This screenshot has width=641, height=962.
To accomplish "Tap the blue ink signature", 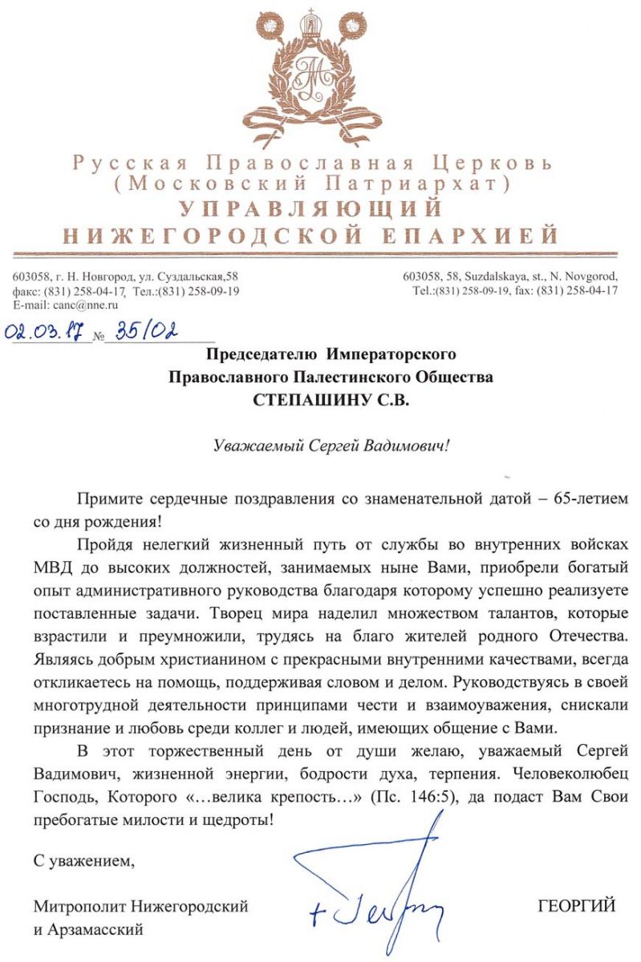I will pos(377,890).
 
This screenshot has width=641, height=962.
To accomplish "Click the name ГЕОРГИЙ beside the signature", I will pos(577,907).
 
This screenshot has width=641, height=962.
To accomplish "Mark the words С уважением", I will pos(81,862).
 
